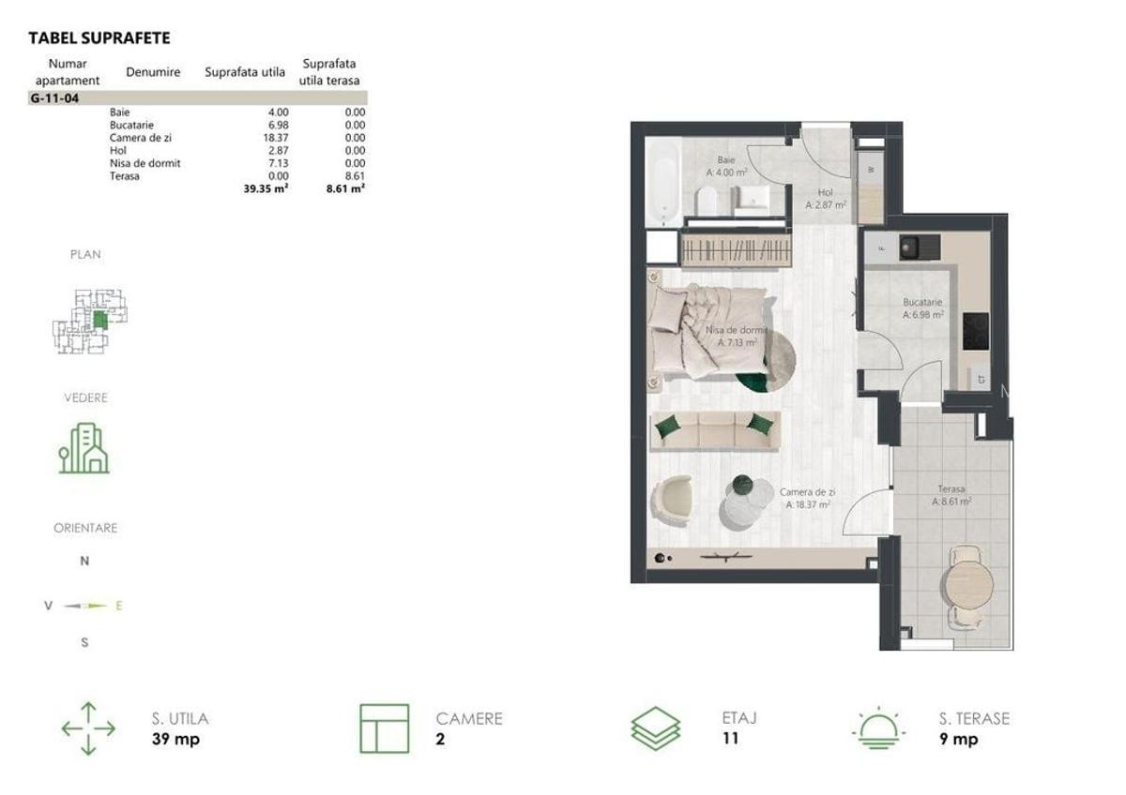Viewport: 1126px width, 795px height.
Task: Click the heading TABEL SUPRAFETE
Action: [x=99, y=38]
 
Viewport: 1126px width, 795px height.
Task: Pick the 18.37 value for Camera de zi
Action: [x=262, y=138]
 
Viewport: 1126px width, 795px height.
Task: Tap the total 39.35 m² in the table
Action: [x=266, y=188]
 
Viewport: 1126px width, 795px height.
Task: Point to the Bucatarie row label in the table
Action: [x=131, y=125]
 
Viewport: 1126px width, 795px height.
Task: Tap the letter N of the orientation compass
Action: [x=84, y=562]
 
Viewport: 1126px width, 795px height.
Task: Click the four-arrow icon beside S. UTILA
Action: [x=88, y=728]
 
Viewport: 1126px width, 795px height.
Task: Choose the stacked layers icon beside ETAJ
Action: [x=656, y=728]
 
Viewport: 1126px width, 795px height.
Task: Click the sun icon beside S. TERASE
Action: [x=880, y=728]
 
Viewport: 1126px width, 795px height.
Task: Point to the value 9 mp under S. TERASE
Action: [x=958, y=739]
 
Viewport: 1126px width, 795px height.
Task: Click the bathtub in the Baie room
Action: [x=665, y=183]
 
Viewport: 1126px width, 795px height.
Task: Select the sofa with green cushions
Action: [x=714, y=430]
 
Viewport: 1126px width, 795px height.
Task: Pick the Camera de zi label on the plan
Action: [x=807, y=498]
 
